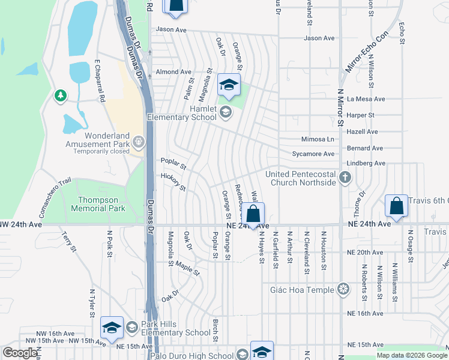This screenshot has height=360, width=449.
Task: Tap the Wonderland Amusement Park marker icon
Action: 139,142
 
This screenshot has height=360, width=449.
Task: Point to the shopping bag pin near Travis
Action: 397,206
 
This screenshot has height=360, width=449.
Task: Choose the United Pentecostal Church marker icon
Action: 345,177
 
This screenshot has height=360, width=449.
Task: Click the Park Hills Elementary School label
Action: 169,328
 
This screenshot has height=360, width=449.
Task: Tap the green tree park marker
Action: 60,96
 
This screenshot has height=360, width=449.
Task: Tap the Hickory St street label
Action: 173,181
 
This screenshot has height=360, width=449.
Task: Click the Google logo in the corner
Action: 20,353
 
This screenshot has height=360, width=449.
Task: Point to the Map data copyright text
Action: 412,355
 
